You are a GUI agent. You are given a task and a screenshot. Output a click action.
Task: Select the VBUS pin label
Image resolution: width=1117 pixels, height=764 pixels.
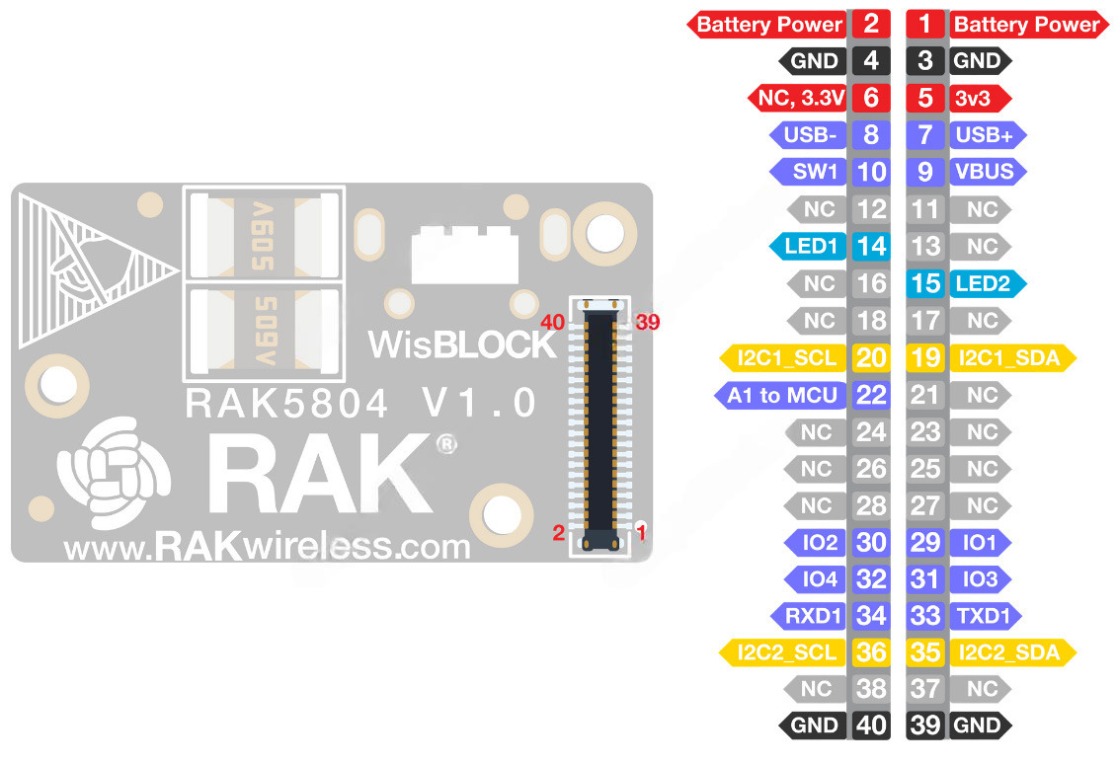(984, 172)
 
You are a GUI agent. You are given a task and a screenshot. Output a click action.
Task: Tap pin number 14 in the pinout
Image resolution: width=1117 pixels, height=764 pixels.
(870, 246)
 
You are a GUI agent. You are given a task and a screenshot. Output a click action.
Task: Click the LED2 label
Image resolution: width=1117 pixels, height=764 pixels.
(983, 283)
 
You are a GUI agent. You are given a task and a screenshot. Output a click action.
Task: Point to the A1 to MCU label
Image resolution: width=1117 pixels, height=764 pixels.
(782, 395)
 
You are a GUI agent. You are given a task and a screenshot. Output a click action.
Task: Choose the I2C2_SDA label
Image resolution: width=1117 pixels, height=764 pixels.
(1007, 651)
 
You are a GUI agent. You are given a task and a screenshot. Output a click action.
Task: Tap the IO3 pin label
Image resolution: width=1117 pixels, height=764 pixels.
(981, 578)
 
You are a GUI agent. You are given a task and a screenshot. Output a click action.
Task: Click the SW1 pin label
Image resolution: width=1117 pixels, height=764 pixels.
(814, 172)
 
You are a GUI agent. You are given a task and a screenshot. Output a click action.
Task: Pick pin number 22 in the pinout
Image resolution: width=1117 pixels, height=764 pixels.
(870, 395)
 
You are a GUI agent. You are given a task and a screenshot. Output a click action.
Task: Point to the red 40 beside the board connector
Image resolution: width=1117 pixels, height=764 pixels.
(551, 322)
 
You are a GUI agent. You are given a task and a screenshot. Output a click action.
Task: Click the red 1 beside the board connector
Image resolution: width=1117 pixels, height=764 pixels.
(641, 534)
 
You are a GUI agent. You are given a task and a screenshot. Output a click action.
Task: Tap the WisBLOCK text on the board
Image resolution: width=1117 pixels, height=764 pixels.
(462, 344)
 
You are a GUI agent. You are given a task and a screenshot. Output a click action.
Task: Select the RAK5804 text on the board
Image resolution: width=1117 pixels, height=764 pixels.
(287, 403)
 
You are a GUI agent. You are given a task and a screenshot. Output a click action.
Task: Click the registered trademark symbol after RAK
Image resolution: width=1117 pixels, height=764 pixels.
(446, 445)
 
